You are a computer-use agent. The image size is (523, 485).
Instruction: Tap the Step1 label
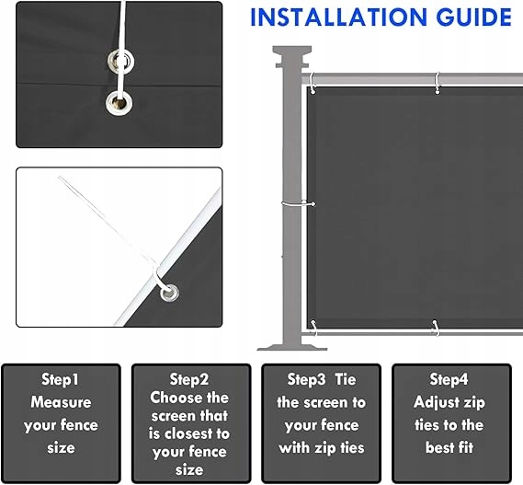click(x=60, y=380)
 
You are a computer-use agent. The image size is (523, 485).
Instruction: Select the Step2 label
click(x=189, y=380)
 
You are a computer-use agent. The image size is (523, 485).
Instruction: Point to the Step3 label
click(x=306, y=380)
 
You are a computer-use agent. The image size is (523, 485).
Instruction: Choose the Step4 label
click(x=449, y=380)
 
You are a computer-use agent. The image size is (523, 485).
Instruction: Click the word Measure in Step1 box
click(x=61, y=402)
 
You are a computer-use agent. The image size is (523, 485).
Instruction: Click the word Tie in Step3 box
click(x=346, y=380)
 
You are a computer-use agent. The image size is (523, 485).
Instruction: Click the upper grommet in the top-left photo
click(x=121, y=62)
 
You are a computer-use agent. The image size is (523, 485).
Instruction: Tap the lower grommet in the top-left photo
click(x=119, y=102)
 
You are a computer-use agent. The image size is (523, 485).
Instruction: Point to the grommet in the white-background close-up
click(x=169, y=294)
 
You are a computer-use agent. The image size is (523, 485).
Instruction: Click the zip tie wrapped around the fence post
click(x=298, y=203)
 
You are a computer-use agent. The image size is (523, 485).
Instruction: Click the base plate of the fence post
click(x=292, y=347)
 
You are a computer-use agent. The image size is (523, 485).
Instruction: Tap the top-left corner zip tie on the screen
click(x=312, y=83)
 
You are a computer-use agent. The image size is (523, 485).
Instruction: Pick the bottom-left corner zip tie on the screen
click(x=314, y=328)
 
